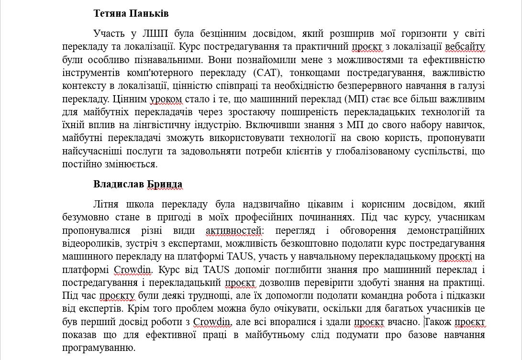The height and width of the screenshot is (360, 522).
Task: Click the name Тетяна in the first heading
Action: tap(110, 13)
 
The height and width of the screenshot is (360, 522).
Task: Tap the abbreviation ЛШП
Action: tap(153, 33)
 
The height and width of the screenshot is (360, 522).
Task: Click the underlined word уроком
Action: tap(166, 99)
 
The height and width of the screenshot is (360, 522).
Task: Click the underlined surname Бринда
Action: tap(165, 184)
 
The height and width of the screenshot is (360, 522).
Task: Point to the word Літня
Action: tap(106, 204)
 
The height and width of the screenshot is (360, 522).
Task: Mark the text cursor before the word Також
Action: tap(425, 321)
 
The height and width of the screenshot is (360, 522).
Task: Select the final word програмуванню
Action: tap(99, 348)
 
